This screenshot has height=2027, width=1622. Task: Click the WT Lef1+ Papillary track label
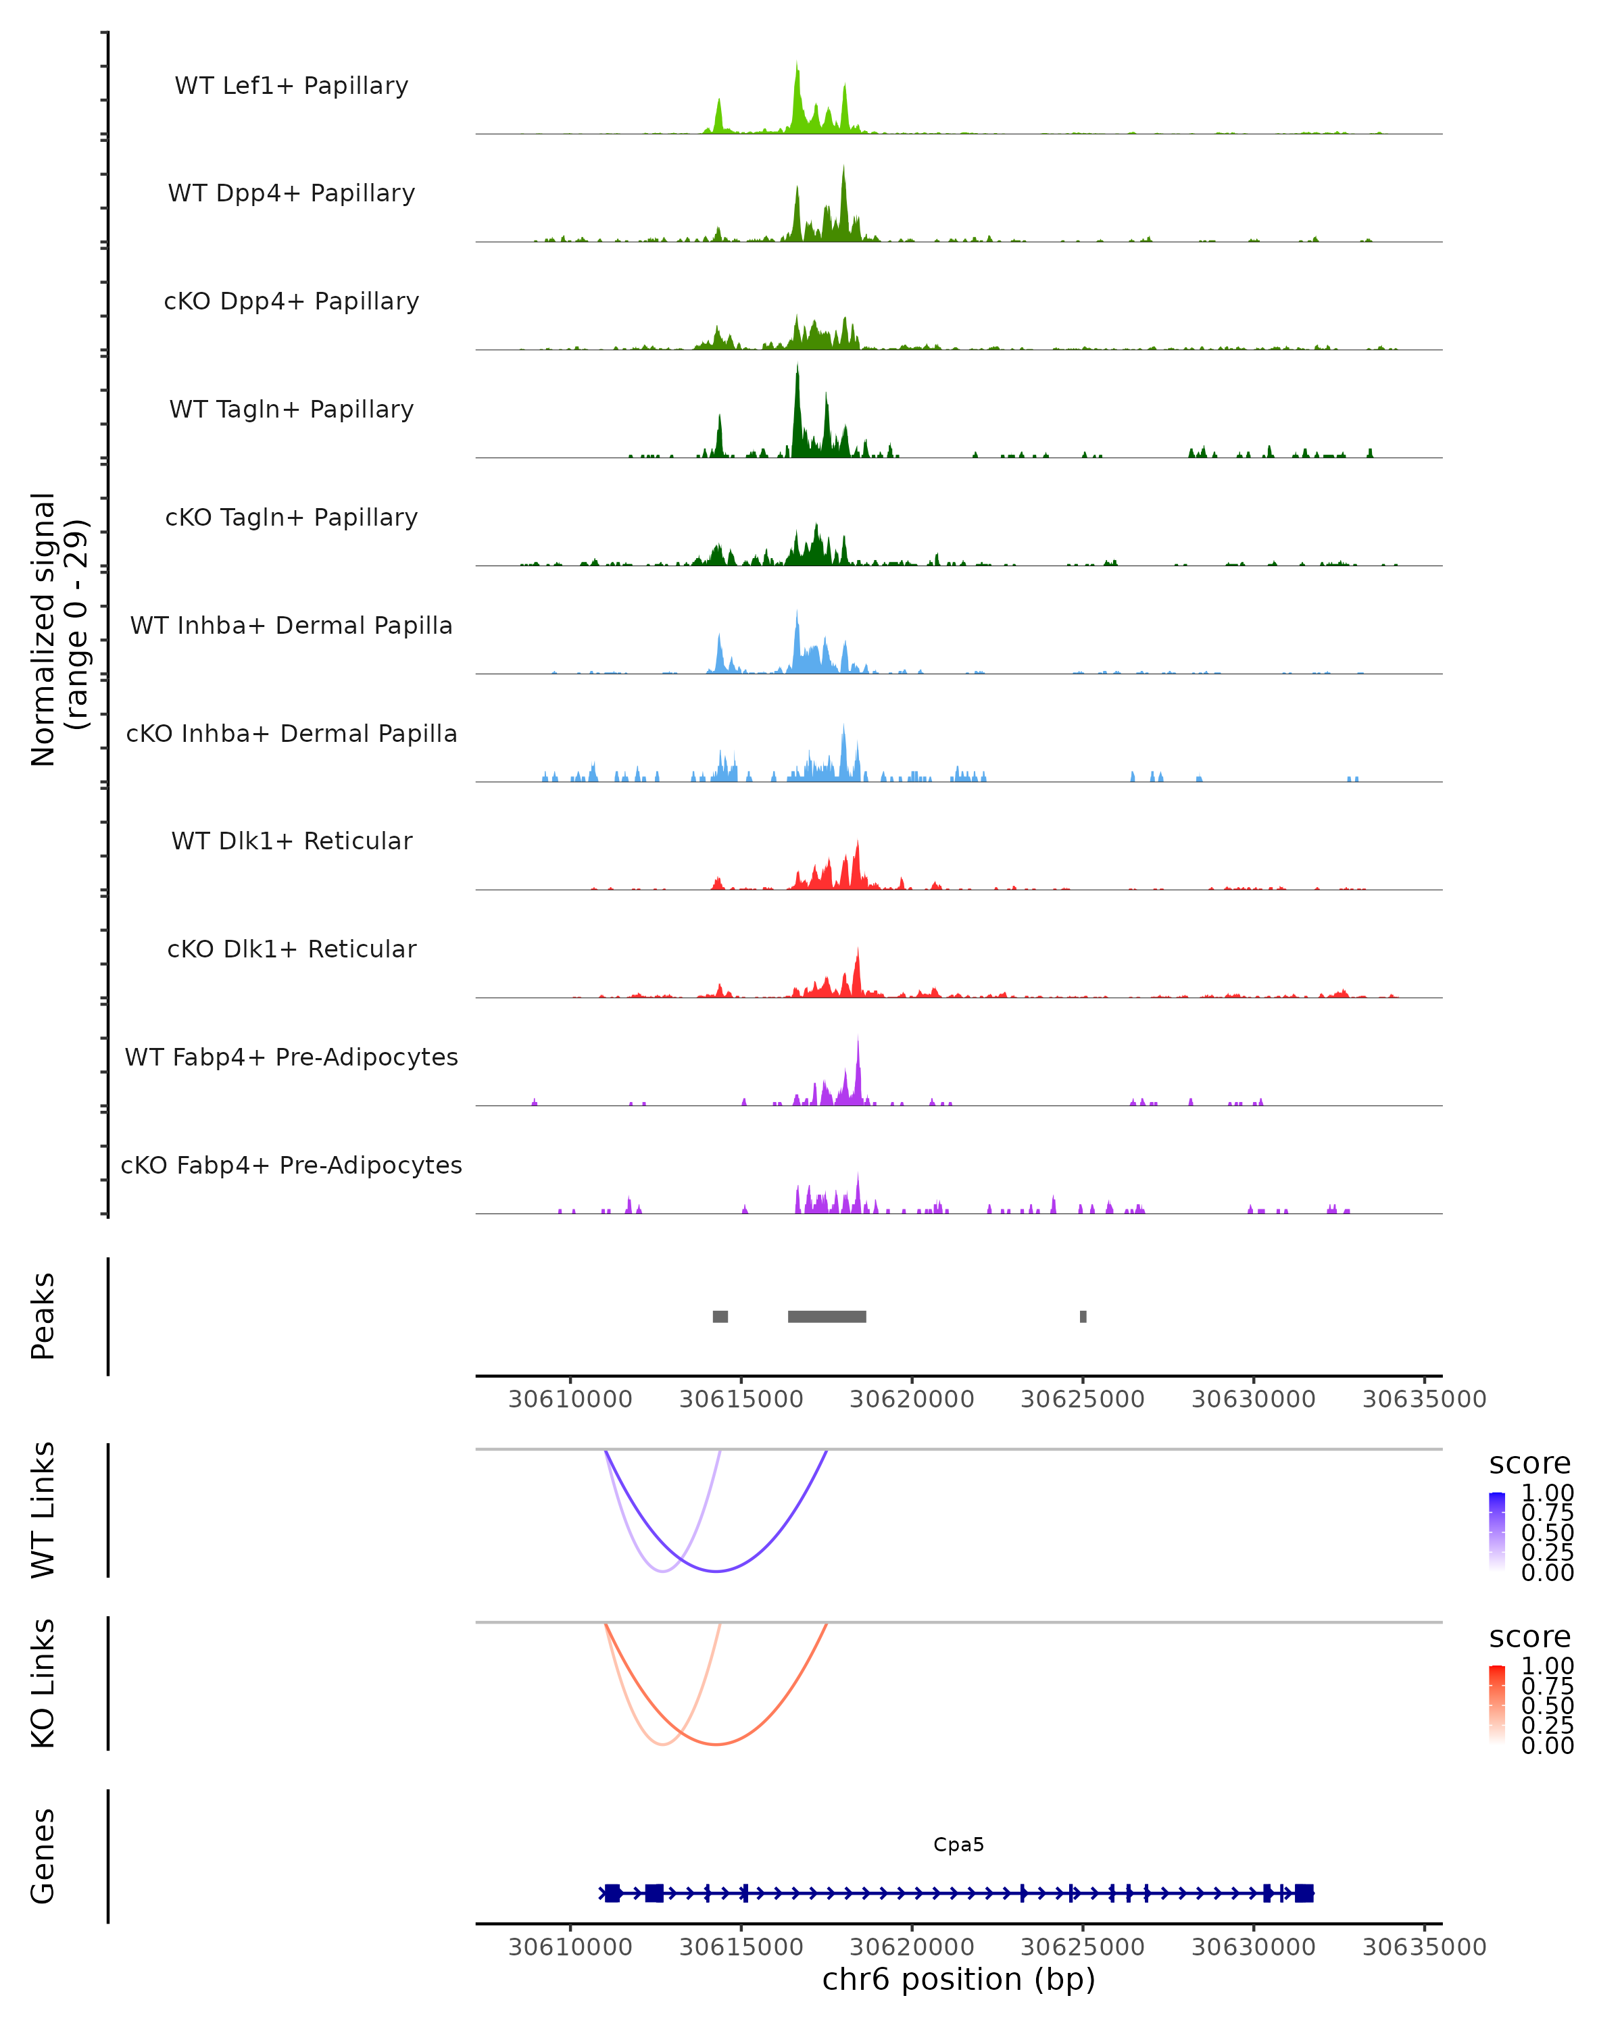tap(291, 86)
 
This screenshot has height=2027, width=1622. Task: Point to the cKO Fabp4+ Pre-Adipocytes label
tap(291, 1165)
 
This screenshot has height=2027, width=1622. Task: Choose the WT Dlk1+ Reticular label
tap(291, 841)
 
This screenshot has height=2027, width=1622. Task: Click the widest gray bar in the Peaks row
tap(827, 1316)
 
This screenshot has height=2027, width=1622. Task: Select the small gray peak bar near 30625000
tap(1083, 1316)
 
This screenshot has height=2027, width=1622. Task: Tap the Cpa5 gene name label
tap(958, 1845)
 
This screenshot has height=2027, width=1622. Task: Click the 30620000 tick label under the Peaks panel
tap(911, 1399)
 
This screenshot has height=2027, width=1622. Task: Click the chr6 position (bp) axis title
tap(958, 1979)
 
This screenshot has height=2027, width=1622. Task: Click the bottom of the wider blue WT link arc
tap(716, 1570)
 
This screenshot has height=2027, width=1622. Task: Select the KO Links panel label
tap(43, 1683)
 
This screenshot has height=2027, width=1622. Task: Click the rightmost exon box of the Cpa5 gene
tap(1303, 1893)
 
